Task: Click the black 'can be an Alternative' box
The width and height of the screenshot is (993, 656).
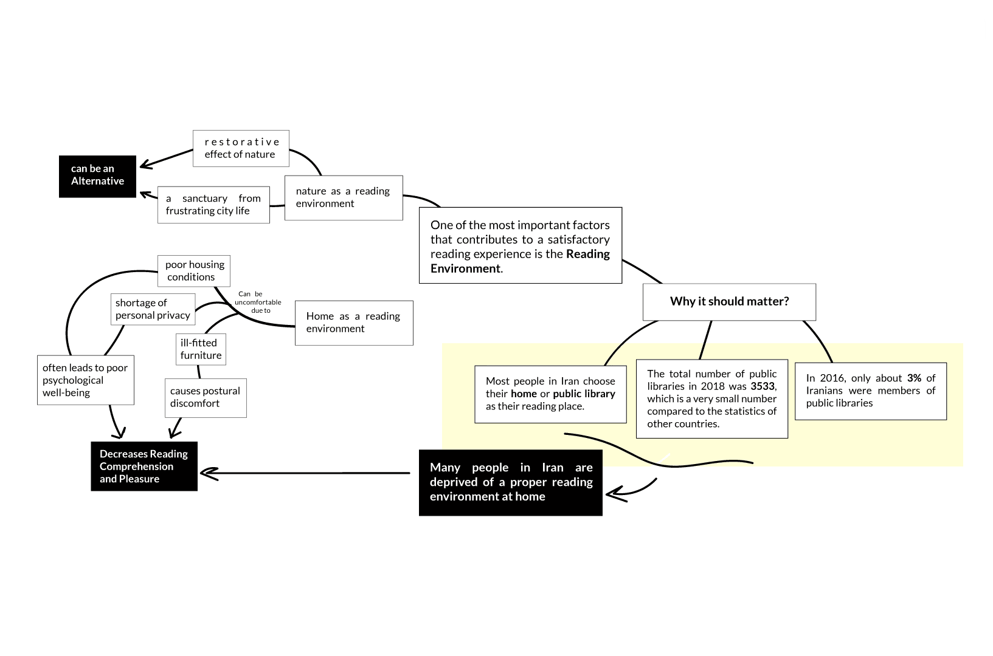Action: pos(97,176)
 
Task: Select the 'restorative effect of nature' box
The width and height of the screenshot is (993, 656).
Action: pos(241,148)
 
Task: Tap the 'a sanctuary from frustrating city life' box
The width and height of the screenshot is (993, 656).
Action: pos(213,205)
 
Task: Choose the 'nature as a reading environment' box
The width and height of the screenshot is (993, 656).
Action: pos(344,197)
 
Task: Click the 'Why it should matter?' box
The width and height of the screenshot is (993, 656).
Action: pos(729,302)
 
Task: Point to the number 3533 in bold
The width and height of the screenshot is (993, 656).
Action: pos(763,386)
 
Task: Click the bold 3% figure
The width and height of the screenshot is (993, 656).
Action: pos(914,378)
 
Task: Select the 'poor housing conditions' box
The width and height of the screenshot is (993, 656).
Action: pos(194,271)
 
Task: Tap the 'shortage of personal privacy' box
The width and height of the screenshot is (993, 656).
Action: pos(153,309)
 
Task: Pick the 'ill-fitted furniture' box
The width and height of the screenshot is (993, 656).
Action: pos(201,349)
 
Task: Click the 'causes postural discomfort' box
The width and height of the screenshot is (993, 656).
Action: pos(206,397)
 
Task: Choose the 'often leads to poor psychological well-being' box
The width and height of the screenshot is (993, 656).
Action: pos(86,380)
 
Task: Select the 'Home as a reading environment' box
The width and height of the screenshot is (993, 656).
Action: pos(354,323)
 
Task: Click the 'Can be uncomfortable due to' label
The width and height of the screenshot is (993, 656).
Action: pos(258,302)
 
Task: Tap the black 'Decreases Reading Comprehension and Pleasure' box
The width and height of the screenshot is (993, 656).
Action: pos(144,466)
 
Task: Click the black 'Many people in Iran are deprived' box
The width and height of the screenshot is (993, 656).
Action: pos(511,482)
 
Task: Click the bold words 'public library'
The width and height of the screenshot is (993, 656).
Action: pos(584,394)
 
